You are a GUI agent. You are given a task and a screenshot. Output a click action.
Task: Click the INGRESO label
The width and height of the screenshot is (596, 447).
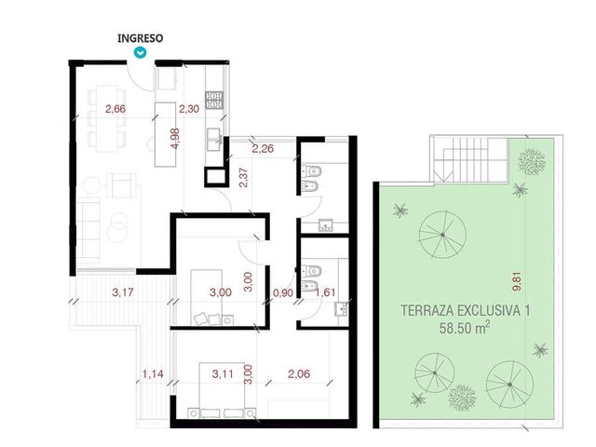click(x=141, y=38)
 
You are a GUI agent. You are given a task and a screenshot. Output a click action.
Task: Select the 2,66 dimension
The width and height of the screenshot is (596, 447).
click(x=115, y=109)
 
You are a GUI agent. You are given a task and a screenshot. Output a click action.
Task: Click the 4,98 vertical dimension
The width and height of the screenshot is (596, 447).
click(x=175, y=139)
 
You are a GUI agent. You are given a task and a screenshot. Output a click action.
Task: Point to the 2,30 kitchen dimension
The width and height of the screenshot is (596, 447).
click(x=189, y=109)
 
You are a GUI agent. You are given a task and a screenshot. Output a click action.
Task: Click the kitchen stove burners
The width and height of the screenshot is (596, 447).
click(x=214, y=100)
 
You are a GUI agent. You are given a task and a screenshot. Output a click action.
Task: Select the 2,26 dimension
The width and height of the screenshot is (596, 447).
click(x=263, y=148)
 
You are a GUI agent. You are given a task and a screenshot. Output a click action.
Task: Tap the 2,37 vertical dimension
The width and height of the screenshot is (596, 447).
click(x=244, y=178)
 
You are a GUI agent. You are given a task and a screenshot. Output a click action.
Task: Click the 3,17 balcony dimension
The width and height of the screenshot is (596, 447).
click(x=123, y=292)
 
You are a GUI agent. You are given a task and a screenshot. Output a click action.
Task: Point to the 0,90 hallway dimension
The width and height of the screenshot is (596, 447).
click(x=283, y=292)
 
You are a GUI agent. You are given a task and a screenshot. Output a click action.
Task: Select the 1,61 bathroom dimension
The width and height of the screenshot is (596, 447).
click(x=325, y=292)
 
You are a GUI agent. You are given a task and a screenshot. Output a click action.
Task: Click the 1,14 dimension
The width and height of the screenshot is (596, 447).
click(x=153, y=374)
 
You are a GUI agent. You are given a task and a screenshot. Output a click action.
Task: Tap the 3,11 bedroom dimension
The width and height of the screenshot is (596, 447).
click(x=223, y=374)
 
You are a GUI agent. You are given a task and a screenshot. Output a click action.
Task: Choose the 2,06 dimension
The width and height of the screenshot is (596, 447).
click(x=299, y=374)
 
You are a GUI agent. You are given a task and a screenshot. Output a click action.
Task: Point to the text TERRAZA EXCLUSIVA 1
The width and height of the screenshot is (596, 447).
click(x=466, y=310)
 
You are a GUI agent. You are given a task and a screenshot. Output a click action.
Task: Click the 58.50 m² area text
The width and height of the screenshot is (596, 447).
click(x=464, y=327)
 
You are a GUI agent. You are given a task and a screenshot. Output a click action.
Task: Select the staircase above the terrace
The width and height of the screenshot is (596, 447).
click(x=469, y=159)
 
